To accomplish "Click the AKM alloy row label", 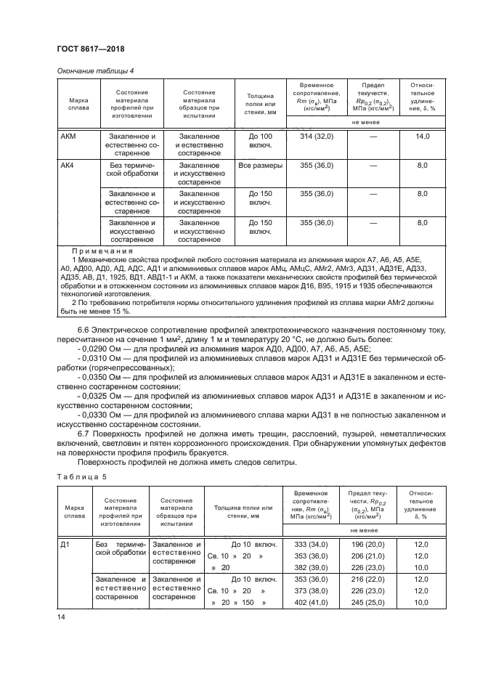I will [68, 136].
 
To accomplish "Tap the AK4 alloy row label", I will [67, 166].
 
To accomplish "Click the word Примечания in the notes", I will [99, 251].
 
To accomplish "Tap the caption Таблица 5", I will [81, 480].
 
